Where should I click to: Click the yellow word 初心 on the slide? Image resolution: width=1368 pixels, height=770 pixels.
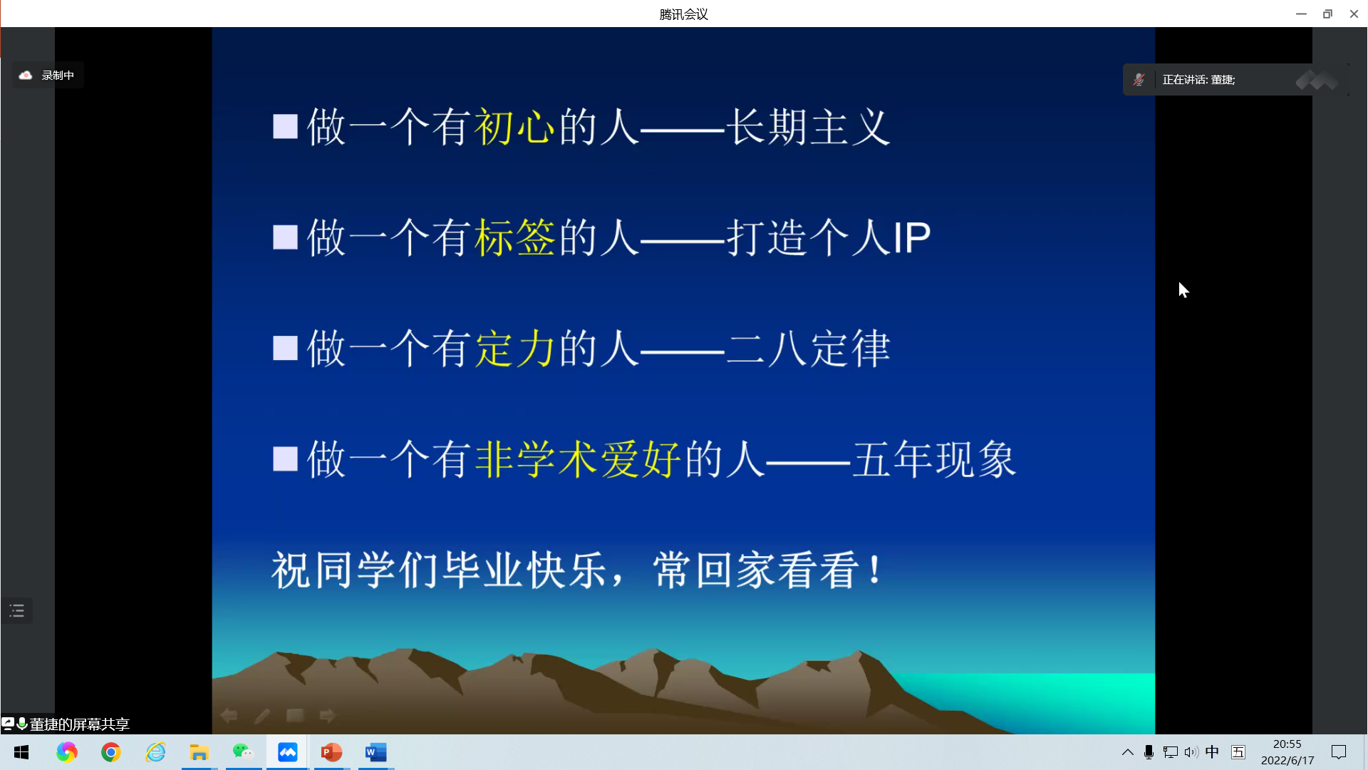514,127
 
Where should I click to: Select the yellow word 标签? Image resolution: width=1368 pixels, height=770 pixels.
514,237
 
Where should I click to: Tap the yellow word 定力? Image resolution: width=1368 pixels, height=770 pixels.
514,349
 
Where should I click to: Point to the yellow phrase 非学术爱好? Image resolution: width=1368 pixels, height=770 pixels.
578,459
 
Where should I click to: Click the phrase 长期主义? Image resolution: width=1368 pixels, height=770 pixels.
808,127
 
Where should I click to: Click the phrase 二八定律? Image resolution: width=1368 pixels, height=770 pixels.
808,349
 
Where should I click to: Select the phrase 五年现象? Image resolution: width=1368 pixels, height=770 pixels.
934,459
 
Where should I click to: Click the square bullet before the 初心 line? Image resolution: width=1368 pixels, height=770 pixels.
285,127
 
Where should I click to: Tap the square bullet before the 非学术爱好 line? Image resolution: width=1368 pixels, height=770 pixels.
285,459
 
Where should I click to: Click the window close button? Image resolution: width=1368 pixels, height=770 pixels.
1354,14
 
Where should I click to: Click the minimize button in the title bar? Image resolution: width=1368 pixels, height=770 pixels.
1301,14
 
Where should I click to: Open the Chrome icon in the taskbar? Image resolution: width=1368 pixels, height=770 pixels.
111,752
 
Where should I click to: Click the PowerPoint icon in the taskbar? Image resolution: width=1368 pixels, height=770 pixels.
331,752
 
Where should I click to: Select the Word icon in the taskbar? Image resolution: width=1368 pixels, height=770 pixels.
375,752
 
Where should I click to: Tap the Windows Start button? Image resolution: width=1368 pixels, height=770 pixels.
21,752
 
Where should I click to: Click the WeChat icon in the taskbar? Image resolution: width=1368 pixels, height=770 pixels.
243,752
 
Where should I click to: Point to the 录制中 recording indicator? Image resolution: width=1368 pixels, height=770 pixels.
48,75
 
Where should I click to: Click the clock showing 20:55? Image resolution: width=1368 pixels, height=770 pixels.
1287,744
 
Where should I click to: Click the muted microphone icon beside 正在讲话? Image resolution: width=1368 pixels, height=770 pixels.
1139,80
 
